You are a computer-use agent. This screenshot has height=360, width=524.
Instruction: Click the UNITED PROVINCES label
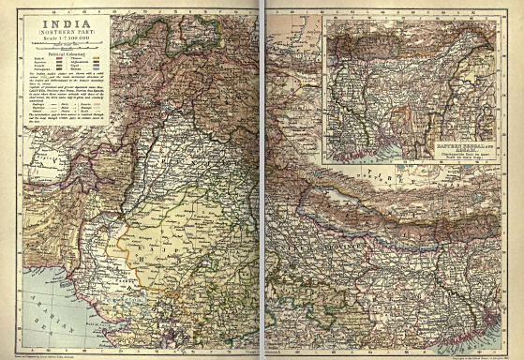pyautogui.click(x=309, y=239)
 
